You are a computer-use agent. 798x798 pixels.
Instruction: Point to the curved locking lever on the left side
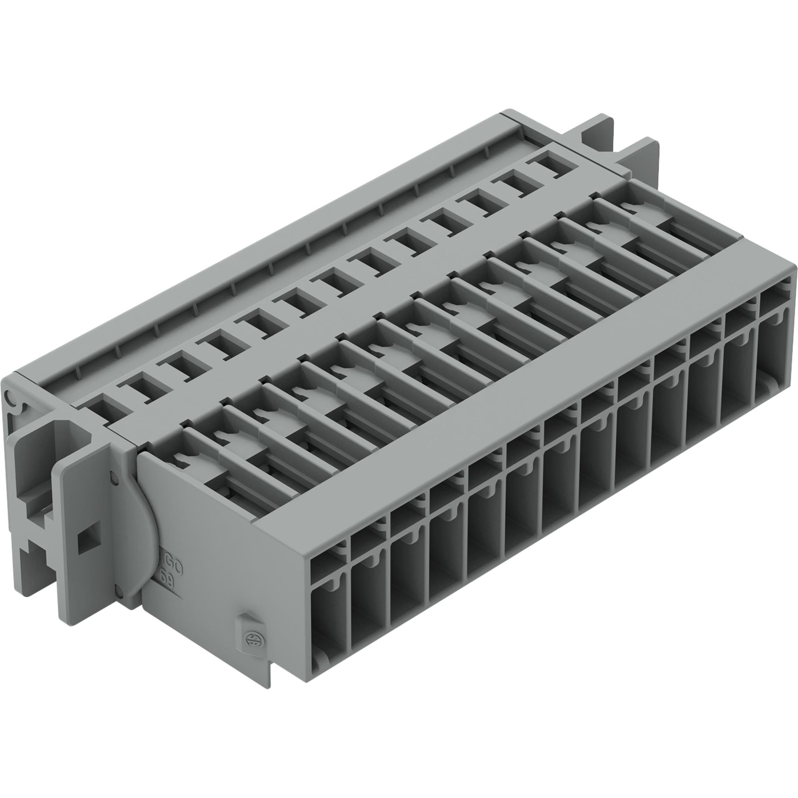point(140,533)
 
